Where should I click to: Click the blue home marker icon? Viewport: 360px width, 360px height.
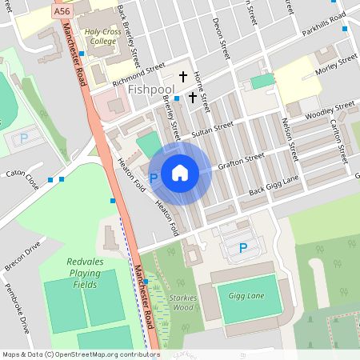tap(180, 172)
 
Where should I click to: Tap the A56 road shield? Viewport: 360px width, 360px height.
tap(62, 11)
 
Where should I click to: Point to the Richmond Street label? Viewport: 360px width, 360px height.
tap(138, 72)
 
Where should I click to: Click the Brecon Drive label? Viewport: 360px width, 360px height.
tap(22, 258)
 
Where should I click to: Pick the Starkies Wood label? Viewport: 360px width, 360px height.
tap(183, 302)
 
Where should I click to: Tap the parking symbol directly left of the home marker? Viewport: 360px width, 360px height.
tap(154, 178)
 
